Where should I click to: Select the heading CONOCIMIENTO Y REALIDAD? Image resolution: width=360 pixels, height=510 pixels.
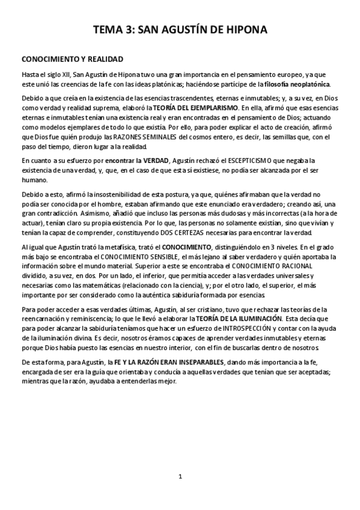(72, 60)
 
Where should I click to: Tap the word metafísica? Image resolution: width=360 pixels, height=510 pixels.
(97, 247)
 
